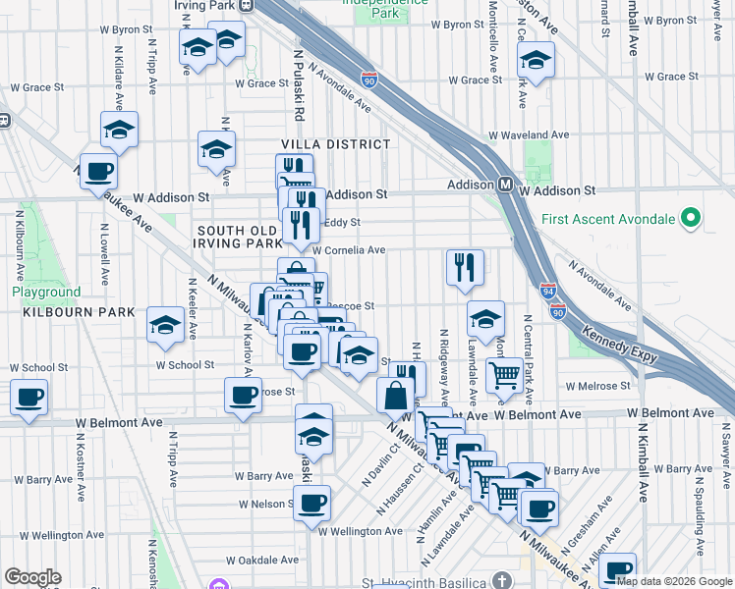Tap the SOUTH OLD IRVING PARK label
(241, 237)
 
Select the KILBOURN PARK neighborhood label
(67, 311)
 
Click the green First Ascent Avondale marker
(691, 218)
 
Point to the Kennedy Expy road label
(620, 345)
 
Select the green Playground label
(46, 293)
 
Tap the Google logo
(32, 577)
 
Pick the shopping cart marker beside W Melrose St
(504, 373)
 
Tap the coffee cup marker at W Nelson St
(311, 504)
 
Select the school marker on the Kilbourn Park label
(165, 325)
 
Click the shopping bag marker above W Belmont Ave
(395, 396)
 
